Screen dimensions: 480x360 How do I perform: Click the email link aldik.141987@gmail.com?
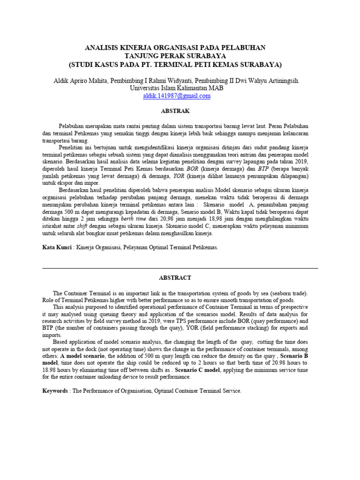[x=177, y=96]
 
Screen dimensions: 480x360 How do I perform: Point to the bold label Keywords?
[x=55, y=390]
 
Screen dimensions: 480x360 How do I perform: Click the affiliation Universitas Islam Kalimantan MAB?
[x=177, y=88]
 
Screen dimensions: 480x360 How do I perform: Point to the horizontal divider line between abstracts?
[x=180, y=268]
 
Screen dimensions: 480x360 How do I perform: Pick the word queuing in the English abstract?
[x=117, y=314]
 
